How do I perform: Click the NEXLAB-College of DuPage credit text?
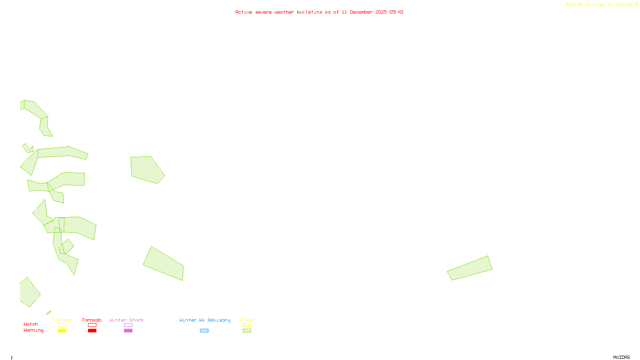point(600,5)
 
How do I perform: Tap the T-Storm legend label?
point(62,320)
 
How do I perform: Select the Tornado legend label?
point(92,320)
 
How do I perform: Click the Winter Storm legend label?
point(126,320)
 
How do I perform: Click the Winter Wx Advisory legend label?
point(205,320)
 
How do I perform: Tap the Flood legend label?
point(247,320)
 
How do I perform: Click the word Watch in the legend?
point(31,324)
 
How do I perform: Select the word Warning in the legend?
point(34,330)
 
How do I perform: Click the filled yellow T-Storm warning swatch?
point(62,331)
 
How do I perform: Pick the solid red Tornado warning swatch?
point(92,331)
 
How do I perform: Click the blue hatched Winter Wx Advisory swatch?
point(204,331)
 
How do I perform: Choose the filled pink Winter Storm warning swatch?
point(128,331)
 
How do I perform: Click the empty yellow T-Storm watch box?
point(62,325)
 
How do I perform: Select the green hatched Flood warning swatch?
point(247,331)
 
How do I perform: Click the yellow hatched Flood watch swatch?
point(247,325)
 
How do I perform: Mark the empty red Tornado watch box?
point(92,325)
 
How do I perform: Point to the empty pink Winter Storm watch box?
point(128,325)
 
